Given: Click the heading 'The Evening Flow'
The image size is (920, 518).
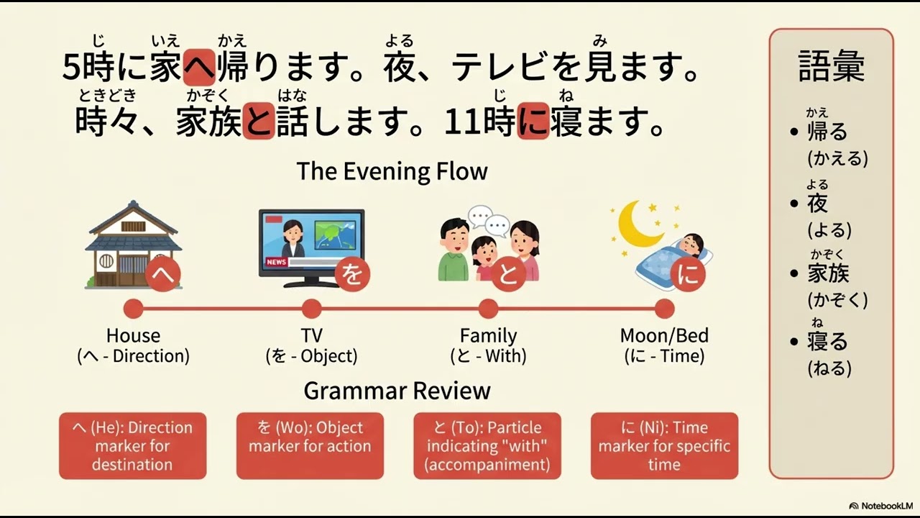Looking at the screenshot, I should [392, 171].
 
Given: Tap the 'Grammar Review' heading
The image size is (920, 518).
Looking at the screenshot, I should [397, 391].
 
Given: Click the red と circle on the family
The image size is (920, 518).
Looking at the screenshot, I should [508, 276].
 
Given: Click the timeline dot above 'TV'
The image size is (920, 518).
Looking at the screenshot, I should [311, 309].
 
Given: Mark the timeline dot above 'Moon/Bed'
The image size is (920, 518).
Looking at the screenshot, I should [664, 309].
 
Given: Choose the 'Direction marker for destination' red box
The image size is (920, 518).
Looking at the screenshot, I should [132, 446].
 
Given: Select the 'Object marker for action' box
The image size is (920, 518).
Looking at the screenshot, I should [310, 446].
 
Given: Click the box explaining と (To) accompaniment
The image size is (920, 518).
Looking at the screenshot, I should [487, 446].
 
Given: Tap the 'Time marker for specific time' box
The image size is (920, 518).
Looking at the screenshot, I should [664, 446].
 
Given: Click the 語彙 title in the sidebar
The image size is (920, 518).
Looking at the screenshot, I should [831, 66].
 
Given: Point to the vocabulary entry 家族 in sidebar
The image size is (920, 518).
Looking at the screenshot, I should [828, 273].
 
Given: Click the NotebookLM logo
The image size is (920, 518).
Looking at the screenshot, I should [880, 506].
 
